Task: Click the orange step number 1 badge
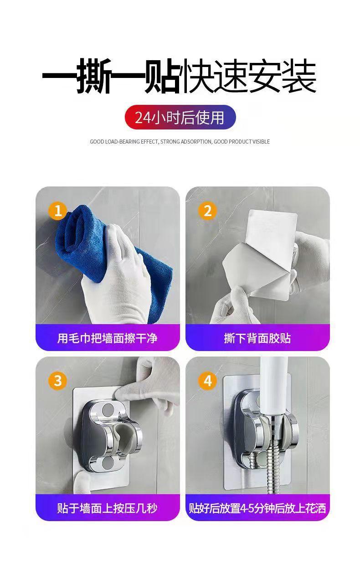[58, 211]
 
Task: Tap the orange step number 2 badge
[207, 211]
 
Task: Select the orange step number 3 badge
[58, 381]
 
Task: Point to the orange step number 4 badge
[207, 381]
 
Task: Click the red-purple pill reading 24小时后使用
[180, 117]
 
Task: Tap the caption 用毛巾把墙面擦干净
[107, 338]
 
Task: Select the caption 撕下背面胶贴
[257, 338]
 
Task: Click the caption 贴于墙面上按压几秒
[107, 508]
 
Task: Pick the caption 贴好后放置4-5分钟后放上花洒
[257, 508]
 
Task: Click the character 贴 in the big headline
[162, 76]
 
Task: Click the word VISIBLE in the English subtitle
[261, 142]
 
